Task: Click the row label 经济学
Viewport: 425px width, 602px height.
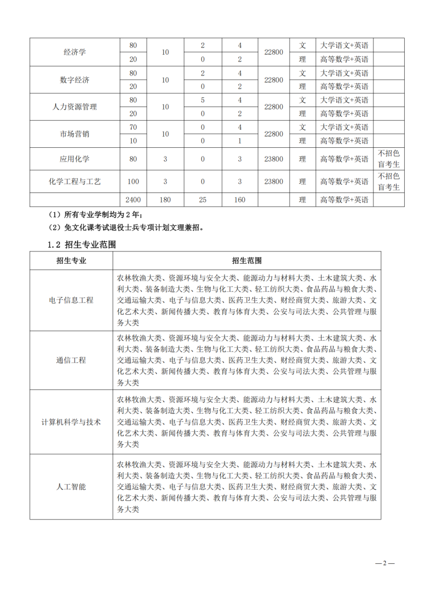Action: [x=75, y=52]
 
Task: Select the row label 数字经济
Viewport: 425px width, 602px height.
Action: [x=75, y=80]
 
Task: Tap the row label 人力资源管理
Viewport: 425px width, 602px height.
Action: [x=75, y=107]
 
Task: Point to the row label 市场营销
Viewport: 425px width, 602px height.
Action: [x=75, y=134]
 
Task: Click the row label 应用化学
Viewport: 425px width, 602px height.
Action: [x=75, y=158]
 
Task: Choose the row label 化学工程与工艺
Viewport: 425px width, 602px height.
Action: [x=75, y=181]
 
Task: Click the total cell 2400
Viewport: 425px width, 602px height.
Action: [x=133, y=200]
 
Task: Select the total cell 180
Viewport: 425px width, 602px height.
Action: [x=165, y=200]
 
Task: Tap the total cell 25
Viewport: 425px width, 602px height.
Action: [x=202, y=200]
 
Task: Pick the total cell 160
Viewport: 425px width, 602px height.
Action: [x=240, y=200]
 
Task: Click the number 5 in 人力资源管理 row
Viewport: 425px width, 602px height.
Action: [x=202, y=100]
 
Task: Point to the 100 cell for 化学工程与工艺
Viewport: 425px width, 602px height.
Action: [x=133, y=181]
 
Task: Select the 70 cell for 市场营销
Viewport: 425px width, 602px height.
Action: [x=133, y=127]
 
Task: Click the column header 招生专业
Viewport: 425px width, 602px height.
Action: [x=71, y=261]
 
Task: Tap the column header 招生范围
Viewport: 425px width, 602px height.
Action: [x=246, y=261]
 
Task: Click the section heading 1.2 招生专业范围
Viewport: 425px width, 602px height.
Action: [x=82, y=245]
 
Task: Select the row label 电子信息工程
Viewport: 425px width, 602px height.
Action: [x=71, y=300]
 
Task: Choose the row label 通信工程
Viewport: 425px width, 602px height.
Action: [x=71, y=360]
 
